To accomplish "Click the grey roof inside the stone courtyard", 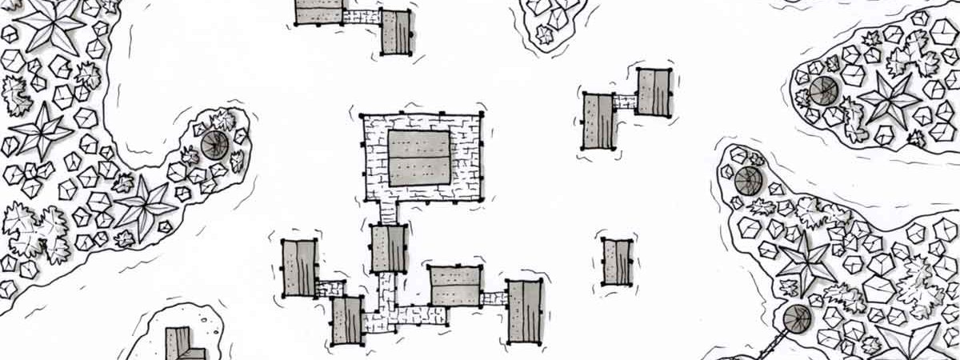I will point(419,158).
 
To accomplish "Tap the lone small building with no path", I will point(618,261).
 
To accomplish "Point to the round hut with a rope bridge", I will point(798,320).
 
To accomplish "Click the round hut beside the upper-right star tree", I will point(824,91).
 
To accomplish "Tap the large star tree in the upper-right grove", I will point(888,100).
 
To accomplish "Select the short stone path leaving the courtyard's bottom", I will point(388,212).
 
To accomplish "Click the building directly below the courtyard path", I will point(390,248).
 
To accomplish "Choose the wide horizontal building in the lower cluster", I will point(455,286).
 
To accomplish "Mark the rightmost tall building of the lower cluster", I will point(526,312).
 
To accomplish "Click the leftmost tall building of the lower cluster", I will point(300,268).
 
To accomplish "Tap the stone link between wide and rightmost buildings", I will point(494,298).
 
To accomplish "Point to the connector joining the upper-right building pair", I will point(625,102).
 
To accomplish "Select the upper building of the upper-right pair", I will point(653,91).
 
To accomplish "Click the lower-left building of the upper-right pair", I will point(598,121).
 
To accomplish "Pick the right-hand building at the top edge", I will point(396,32).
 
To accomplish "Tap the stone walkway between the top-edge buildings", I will point(362,16).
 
